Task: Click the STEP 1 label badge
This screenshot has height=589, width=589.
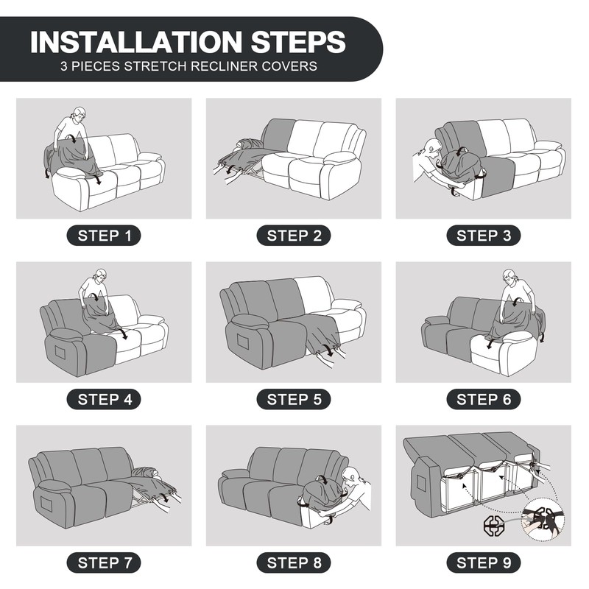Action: (104, 236)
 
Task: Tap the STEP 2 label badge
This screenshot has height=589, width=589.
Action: (294, 236)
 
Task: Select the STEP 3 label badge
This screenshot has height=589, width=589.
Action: (484, 236)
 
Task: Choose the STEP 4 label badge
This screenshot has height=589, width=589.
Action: (104, 399)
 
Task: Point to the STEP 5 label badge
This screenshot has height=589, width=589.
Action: (294, 399)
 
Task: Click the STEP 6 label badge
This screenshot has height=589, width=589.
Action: (484, 399)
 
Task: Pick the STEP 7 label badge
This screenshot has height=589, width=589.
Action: (104, 562)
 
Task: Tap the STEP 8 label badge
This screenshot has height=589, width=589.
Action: (294, 562)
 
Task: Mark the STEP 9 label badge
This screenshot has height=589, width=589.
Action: (484, 562)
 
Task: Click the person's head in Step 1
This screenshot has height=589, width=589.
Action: (80, 115)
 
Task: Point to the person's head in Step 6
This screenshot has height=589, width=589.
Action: (509, 277)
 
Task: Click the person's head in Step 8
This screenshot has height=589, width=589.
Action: (352, 476)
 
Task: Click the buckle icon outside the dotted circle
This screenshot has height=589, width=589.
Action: (493, 526)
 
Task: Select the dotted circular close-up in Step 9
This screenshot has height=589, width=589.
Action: (543, 520)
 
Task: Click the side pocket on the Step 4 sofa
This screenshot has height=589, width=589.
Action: (61, 353)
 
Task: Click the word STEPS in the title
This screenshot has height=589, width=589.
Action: (298, 42)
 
